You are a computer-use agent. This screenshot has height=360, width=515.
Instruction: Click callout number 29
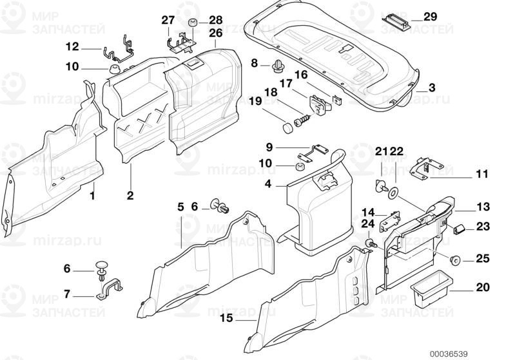point(431,16)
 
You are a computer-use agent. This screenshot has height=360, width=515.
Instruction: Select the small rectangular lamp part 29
point(396,19)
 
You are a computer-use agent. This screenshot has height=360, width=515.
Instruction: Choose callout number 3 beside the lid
point(431,88)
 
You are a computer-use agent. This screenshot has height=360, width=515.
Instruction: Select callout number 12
point(72,46)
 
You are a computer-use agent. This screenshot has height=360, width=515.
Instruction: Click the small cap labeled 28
point(191,24)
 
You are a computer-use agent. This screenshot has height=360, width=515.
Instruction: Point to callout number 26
point(215,32)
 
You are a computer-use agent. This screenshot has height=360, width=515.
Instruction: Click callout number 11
point(482,175)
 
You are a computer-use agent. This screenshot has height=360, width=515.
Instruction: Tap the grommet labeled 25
point(454,260)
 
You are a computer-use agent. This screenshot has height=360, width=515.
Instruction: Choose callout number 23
point(482,226)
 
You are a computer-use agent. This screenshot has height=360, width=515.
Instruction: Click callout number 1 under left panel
point(92,195)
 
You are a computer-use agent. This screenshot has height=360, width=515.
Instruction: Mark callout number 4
point(267,184)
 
